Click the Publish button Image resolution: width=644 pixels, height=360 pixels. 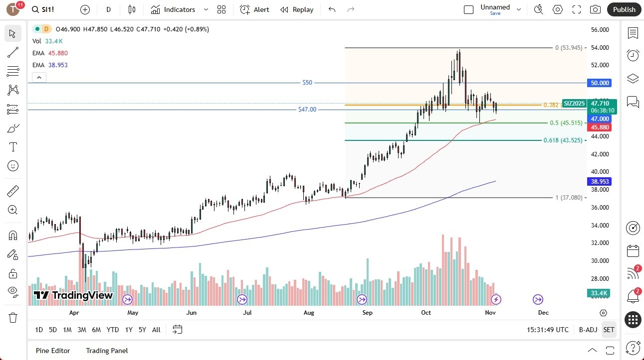click(624, 9)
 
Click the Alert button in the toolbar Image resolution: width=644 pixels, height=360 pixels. click(254, 9)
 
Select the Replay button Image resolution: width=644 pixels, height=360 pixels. click(297, 9)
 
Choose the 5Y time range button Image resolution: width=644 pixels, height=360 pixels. click(142, 330)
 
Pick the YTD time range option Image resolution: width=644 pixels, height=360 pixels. click(113, 330)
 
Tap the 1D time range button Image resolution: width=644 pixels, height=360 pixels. click(39, 330)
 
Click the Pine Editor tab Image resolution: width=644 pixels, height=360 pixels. click(53, 351)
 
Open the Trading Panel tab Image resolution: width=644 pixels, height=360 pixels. click(107, 351)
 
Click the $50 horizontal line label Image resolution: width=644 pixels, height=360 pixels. click(307, 83)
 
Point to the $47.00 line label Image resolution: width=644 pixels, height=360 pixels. click(307, 110)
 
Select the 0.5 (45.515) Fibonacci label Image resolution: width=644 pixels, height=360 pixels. click(566, 123)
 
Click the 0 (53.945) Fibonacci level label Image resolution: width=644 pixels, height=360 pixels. click(568, 48)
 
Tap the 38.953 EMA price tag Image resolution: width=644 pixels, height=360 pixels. click(600, 182)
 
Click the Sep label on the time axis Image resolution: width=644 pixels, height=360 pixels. click(367, 313)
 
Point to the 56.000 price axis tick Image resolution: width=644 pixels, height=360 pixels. click(600, 30)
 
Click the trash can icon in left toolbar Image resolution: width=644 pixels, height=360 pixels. click(13, 317)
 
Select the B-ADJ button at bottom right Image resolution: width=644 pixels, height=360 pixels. click(588, 330)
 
